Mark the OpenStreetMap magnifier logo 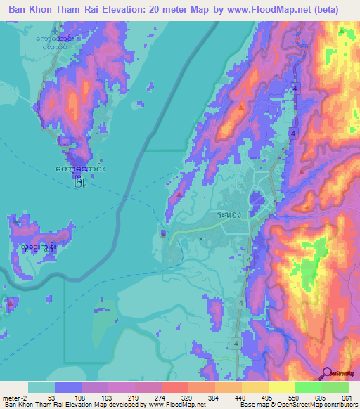328,374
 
